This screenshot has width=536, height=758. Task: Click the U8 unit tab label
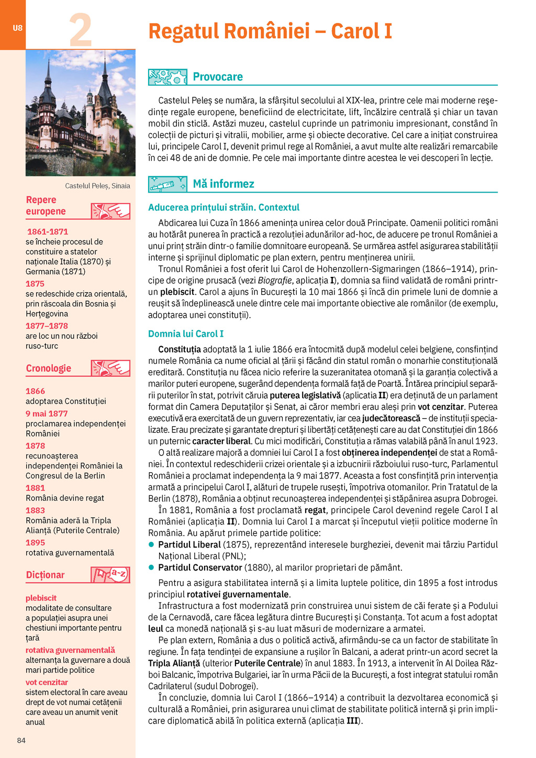[17, 28]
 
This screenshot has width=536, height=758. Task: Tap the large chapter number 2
[81, 30]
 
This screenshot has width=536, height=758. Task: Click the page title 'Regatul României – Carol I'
[270, 31]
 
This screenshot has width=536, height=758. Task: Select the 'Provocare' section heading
[218, 77]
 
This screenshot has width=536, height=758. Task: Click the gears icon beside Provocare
[167, 77]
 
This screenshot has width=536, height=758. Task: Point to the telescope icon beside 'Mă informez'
[167, 184]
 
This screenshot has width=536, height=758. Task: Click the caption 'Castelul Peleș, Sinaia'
[97, 186]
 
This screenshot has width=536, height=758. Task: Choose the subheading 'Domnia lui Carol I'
[186, 334]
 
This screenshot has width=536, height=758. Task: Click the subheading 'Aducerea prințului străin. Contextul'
[224, 207]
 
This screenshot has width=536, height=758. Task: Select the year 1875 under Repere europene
[35, 284]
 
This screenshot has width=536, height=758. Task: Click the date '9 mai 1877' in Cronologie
[47, 414]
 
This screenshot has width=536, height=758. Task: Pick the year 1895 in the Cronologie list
[35, 543]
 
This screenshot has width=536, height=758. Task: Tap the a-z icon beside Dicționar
[110, 574]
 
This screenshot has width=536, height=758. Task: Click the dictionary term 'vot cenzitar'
[47, 683]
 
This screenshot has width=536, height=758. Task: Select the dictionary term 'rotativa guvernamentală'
[70, 650]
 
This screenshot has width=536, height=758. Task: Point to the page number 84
[21, 740]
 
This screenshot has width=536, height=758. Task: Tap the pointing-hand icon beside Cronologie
[110, 368]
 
